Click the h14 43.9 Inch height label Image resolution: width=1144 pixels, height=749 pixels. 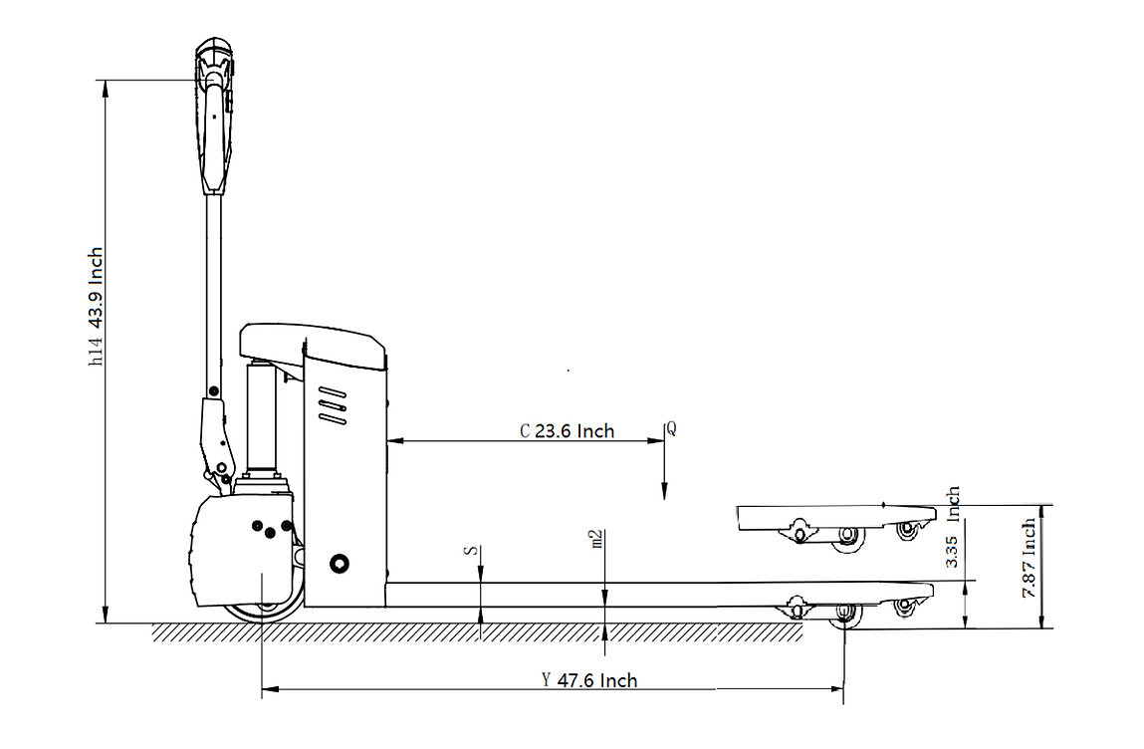pos(96,307)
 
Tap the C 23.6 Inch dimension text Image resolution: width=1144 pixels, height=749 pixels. pos(568,431)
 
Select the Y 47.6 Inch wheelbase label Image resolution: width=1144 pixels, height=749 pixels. pos(589,681)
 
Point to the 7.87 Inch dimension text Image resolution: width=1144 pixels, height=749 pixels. pos(1029,558)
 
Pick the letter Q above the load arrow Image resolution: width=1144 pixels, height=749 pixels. pos(671,428)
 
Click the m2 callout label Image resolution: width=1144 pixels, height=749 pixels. pos(597,539)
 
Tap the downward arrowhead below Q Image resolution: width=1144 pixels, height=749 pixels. pos(665,491)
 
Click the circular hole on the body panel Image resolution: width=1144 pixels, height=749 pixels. pos(340,565)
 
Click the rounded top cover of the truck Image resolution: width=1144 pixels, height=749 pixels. pos(311,342)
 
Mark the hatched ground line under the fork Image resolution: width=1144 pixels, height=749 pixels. pos(478,632)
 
